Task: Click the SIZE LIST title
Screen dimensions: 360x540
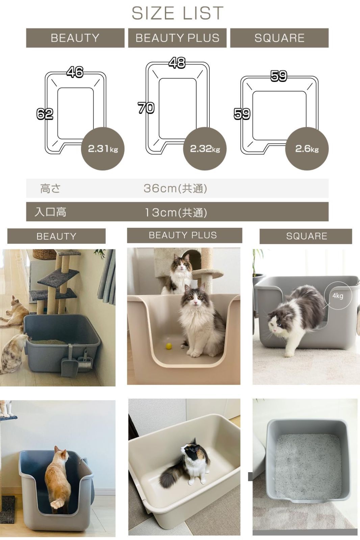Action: click(178, 13)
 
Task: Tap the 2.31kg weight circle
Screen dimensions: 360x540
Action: click(103, 148)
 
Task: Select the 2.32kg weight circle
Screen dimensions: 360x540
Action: click(205, 148)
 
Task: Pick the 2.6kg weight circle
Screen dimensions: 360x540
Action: click(307, 148)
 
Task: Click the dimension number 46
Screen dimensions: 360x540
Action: click(75, 72)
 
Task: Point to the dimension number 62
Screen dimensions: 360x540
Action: click(45, 114)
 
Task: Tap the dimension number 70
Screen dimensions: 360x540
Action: click(146, 108)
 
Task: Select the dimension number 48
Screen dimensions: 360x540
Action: click(177, 62)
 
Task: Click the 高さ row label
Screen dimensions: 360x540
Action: click(50, 188)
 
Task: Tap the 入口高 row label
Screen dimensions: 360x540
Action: click(50, 212)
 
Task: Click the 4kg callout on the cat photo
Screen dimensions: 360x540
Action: click(338, 296)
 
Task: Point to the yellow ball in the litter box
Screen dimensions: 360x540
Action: click(169, 346)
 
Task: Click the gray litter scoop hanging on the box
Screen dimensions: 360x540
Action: click(69, 361)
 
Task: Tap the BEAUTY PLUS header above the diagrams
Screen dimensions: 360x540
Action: click(177, 38)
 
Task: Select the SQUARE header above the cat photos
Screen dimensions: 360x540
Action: click(306, 236)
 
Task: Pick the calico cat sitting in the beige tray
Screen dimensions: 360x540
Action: click(185, 464)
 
